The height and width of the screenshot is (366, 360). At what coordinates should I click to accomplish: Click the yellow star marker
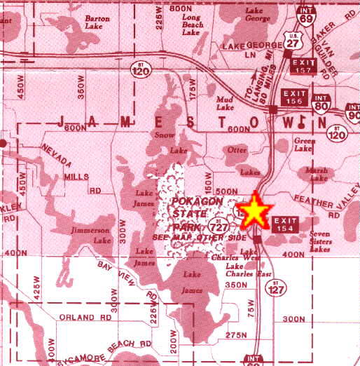click(256, 211)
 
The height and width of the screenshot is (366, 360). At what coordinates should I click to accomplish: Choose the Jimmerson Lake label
click(92, 235)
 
